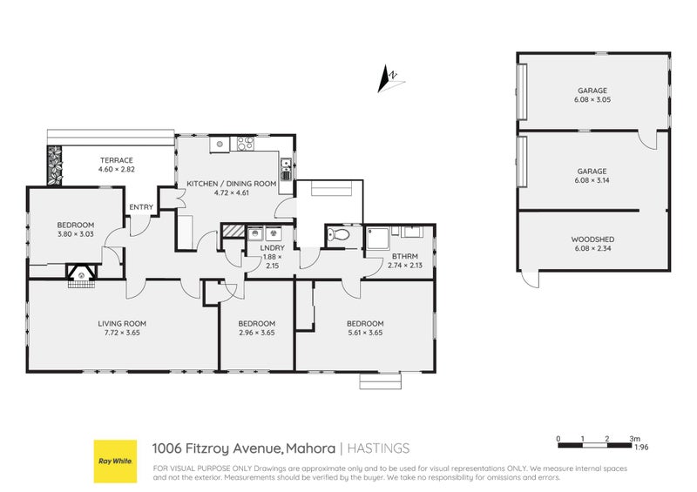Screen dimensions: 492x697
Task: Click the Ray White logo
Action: pyautogui.click(x=115, y=461)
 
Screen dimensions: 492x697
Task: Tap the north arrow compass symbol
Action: pyautogui.click(x=387, y=80)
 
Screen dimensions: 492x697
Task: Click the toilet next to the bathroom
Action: pyautogui.click(x=341, y=235)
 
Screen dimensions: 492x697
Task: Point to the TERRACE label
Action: pyautogui.click(x=116, y=161)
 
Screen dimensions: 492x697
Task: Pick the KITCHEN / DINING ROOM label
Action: pyautogui.click(x=232, y=184)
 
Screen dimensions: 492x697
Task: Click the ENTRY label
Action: pyautogui.click(x=141, y=207)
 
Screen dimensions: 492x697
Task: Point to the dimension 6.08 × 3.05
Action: pyautogui.click(x=591, y=100)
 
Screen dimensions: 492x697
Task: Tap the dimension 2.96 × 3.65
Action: pyautogui.click(x=256, y=333)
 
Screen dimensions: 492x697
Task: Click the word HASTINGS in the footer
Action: pyautogui.click(x=378, y=448)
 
